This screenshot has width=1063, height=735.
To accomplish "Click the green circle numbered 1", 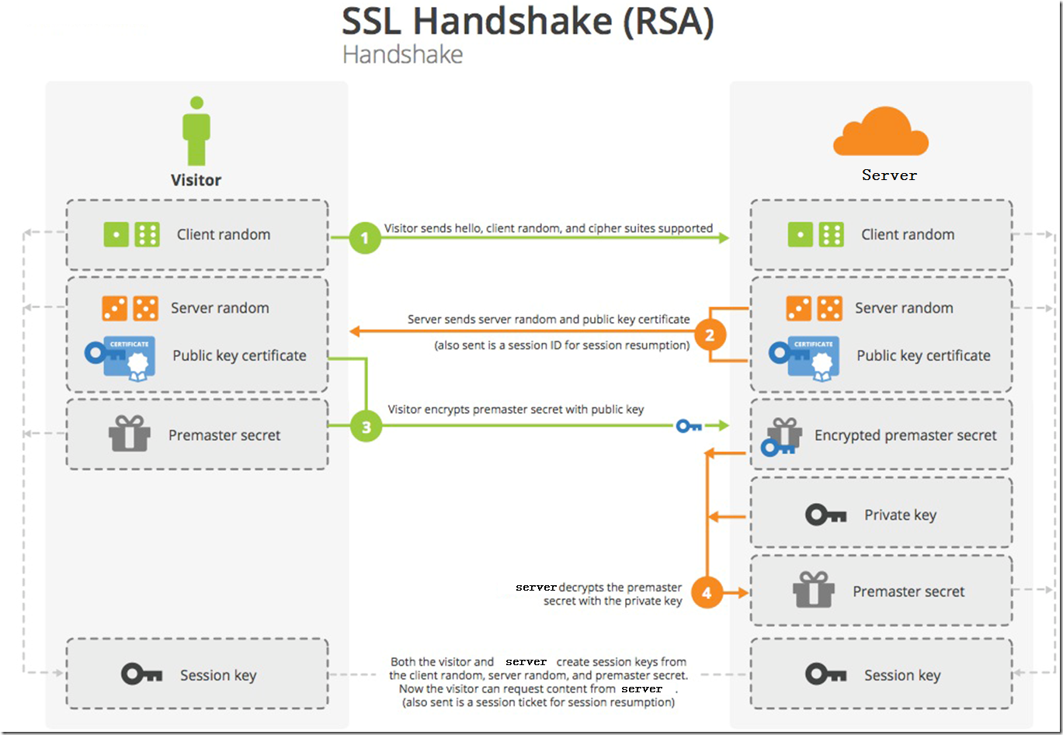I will (x=365, y=238).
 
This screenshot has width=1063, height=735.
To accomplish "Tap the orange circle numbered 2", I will (x=709, y=335).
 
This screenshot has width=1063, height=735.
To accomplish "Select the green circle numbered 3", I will (x=366, y=426).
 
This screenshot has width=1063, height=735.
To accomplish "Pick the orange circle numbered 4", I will (x=707, y=593).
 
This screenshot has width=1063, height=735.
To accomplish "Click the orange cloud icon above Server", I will (x=881, y=133).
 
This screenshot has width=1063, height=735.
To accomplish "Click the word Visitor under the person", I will (x=196, y=180).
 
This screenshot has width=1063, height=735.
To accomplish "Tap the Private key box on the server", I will (x=881, y=515).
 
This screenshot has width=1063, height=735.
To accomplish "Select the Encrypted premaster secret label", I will (x=905, y=435).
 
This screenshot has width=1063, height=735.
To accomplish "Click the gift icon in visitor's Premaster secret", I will (x=129, y=435).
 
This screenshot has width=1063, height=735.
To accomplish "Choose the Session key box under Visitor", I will (x=196, y=674).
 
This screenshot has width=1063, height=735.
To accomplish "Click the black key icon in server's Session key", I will (x=825, y=674).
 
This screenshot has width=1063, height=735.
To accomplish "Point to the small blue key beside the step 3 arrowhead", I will (x=689, y=425).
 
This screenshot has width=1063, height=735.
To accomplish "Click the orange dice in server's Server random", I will (x=814, y=308).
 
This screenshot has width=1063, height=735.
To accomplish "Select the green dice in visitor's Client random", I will (x=132, y=234).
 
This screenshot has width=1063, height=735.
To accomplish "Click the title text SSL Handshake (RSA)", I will (x=527, y=22).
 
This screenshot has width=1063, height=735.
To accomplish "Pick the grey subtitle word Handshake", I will (x=402, y=55).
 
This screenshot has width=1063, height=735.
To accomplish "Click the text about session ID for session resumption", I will (x=561, y=345).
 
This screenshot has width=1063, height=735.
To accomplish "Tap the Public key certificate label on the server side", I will (x=923, y=355).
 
